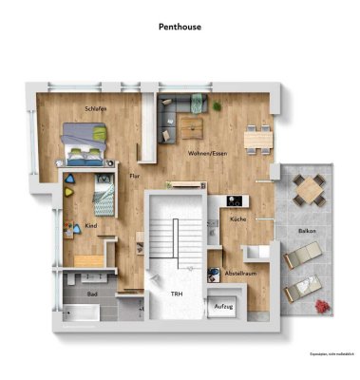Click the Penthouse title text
point(179,28)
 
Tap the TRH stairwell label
point(176,294)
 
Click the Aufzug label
point(224,306)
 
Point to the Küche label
point(237,220)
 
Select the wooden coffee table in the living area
point(192,128)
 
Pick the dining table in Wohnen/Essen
point(257,139)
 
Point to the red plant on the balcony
point(325,305)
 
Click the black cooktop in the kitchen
point(234,201)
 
